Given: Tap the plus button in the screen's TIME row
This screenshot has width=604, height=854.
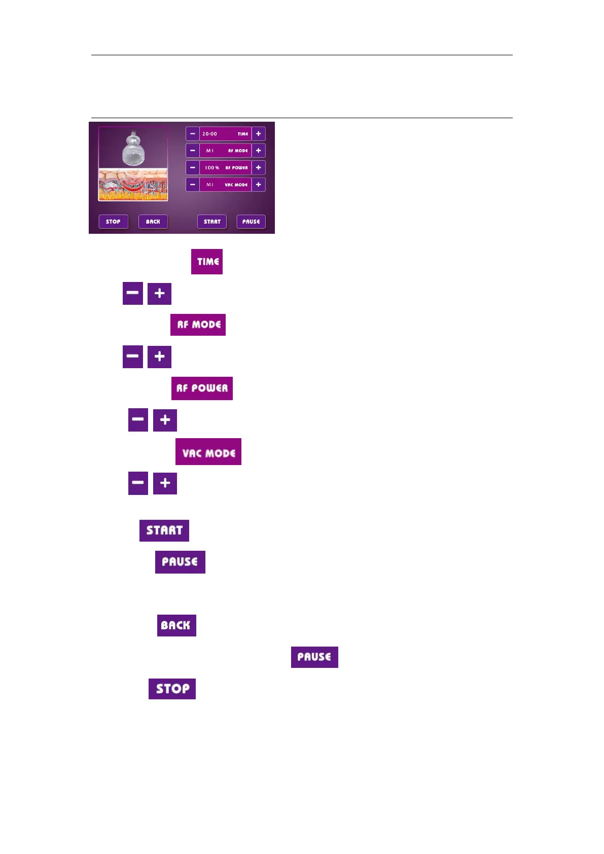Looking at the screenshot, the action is pos(258,134).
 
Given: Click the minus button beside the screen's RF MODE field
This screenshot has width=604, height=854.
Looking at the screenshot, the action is pos(192,151).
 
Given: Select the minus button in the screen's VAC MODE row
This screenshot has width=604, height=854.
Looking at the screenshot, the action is pos(192,185).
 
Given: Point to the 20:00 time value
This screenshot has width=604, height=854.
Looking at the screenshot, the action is pos(209,134).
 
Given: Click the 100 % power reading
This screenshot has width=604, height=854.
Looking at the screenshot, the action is pos(212,168).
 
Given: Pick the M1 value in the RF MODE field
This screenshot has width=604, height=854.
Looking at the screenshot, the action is pos(209,151).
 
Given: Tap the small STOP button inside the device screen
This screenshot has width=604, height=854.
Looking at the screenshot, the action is pos(113,222).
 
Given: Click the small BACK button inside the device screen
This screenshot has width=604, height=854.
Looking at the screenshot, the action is pos(153,222).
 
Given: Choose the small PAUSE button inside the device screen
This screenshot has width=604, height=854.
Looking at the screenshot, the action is pos(251,222).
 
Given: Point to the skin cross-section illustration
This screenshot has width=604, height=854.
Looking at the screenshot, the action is pos(133,185).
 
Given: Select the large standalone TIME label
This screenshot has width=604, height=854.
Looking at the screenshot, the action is pos(207,262).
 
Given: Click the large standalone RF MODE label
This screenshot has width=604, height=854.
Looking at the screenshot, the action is pos(198,325).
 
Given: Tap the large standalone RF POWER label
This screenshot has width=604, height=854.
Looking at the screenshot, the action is pos(202,388).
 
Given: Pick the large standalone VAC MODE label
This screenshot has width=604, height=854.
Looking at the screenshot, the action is pos(208,452).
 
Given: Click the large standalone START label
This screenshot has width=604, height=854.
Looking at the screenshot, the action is pos(164,530).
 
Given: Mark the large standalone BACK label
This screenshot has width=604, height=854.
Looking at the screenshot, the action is pos(176,625).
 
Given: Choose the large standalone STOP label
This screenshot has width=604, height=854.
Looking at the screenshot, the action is pos(172,689).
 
